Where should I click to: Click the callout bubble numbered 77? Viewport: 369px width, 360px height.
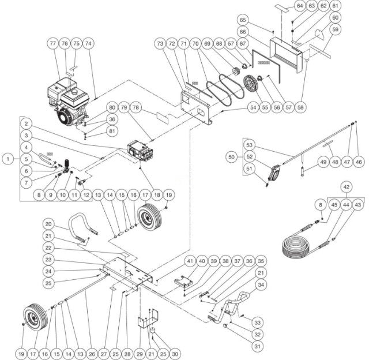tap(52, 44)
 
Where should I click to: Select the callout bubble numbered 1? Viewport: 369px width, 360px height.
tap(7, 157)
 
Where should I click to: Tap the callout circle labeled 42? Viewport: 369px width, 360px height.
tap(346, 187)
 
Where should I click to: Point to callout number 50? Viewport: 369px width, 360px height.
tap(232, 156)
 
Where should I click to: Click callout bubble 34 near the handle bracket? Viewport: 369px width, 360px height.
tap(261, 284)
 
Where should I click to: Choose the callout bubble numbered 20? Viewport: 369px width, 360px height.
tap(49, 224)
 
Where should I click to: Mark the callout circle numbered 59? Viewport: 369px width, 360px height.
tap(336, 29)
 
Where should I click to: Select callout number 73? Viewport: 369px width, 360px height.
tap(160, 44)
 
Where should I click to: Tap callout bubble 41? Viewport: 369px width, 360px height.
tap(189, 261)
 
